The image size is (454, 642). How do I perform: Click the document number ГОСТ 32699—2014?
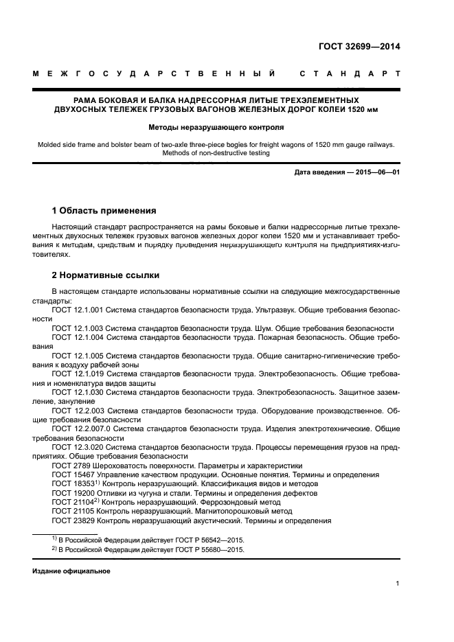(x=359, y=47)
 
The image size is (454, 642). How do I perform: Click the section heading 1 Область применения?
(x=104, y=210)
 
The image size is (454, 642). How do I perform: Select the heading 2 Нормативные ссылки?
(x=106, y=275)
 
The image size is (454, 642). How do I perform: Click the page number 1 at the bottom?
(x=397, y=584)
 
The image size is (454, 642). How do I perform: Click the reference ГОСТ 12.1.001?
(x=78, y=310)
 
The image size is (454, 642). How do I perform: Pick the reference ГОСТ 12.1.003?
(x=78, y=328)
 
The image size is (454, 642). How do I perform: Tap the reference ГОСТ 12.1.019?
(x=78, y=374)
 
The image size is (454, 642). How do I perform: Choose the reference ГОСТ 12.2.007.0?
(x=80, y=428)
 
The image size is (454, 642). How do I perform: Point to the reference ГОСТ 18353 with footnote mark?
(x=72, y=483)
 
